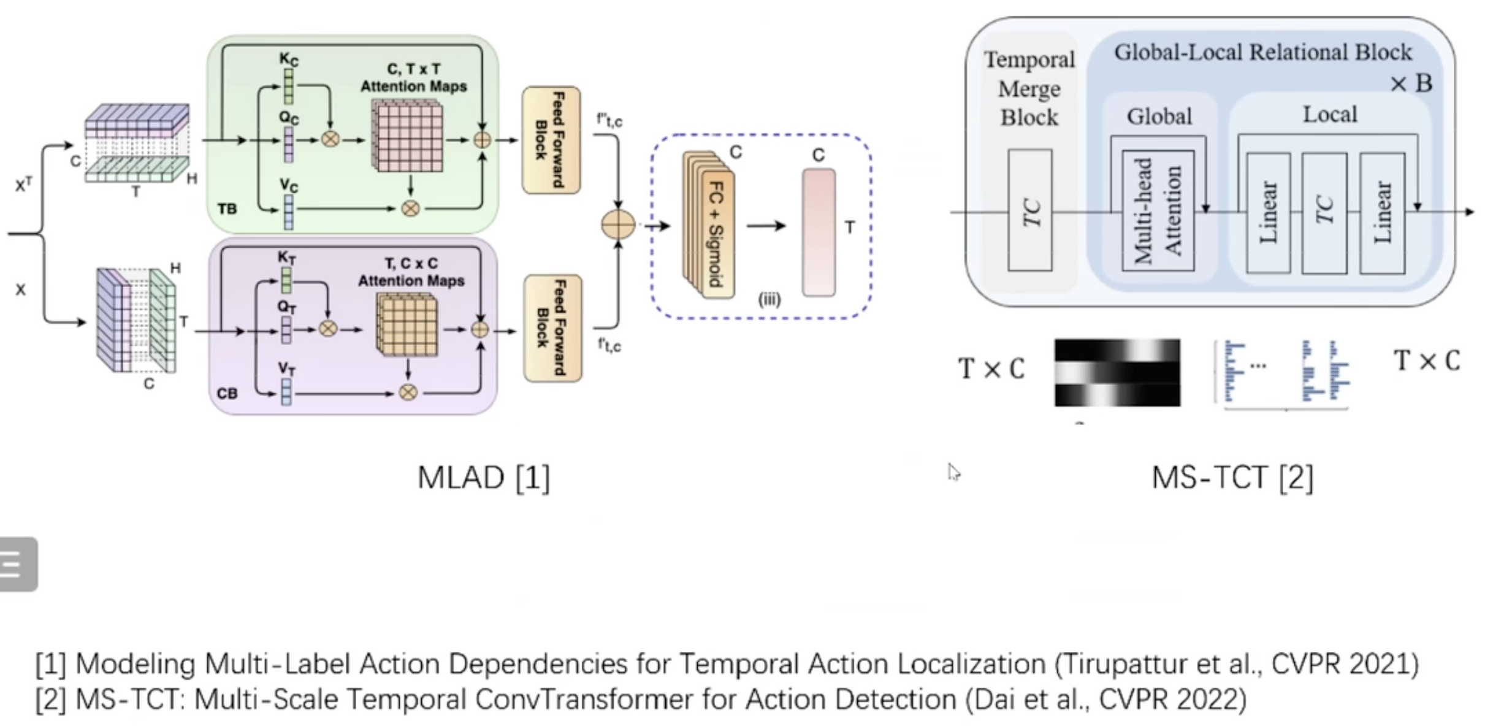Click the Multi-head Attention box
coord(1158,210)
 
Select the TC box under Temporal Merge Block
coord(1030,210)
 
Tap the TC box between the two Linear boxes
coord(1324,213)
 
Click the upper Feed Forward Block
coord(551,140)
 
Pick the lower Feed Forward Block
coord(552,328)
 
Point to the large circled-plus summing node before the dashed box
coord(618,224)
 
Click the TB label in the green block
coord(227,209)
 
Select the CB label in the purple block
coord(227,393)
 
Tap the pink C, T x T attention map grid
coord(407,137)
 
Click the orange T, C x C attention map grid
coord(407,326)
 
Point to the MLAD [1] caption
coord(484,477)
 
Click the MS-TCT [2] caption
coord(1232,477)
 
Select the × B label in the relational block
coord(1411,83)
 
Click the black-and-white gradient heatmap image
coord(1117,372)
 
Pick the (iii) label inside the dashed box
coord(769,300)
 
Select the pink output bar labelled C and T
coord(819,233)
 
